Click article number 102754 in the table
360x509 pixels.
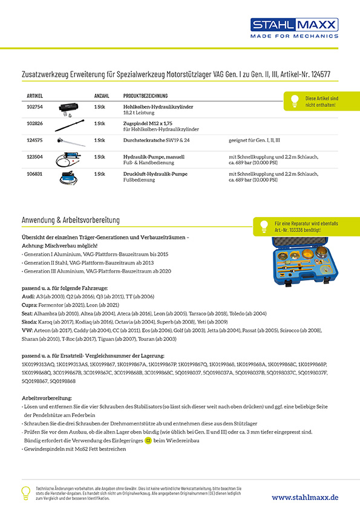[35, 106]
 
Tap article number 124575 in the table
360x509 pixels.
[35, 140]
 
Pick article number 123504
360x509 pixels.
[35, 157]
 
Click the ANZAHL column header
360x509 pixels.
[102, 96]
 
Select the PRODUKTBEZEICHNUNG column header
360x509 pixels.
[145, 96]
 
